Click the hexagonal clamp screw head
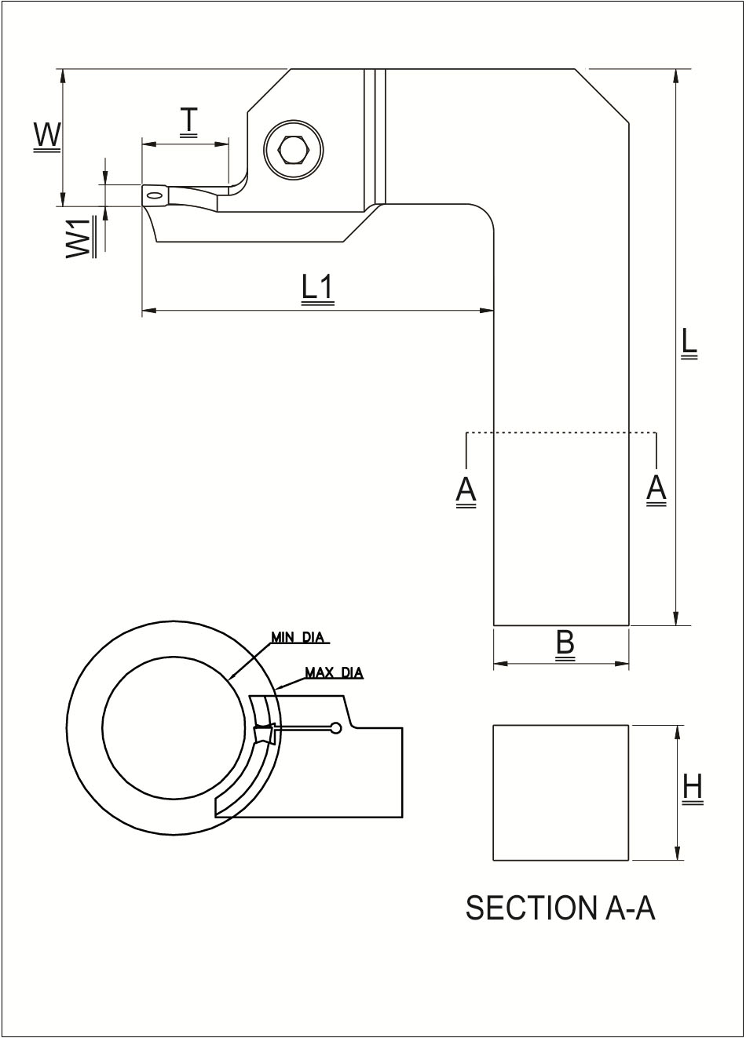click(293, 149)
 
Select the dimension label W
click(47, 135)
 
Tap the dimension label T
click(188, 121)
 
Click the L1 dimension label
click(318, 288)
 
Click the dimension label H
click(693, 787)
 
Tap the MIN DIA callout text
click(298, 637)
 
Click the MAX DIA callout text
click(334, 672)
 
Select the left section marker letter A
click(466, 490)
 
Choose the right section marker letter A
click(656, 489)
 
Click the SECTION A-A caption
click(560, 908)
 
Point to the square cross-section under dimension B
click(561, 792)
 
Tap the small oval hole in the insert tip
click(154, 195)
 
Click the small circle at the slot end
click(336, 728)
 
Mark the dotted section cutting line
click(561, 432)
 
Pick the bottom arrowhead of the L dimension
click(676, 619)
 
